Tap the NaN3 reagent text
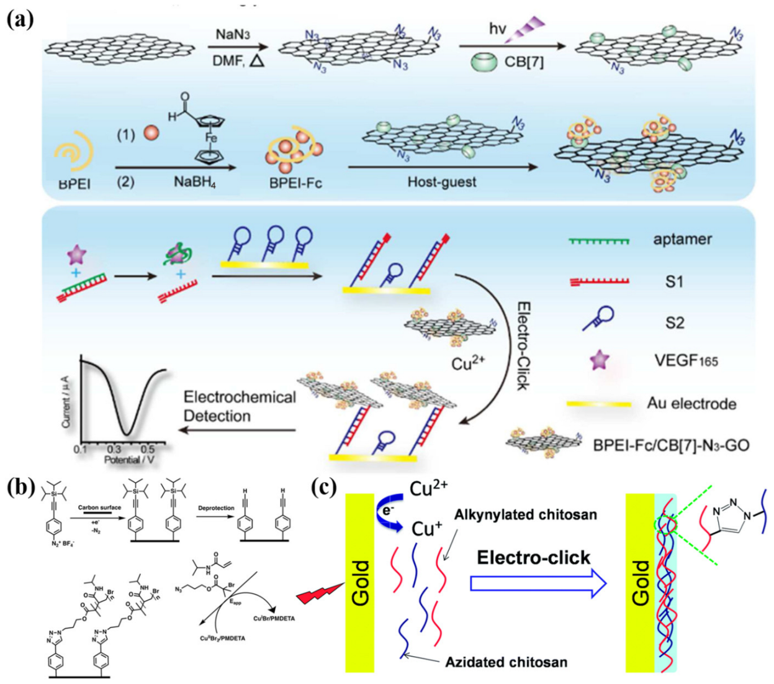click(232, 34)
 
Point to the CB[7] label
click(524, 62)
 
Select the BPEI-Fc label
click(295, 183)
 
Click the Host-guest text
click(441, 182)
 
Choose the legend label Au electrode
click(691, 404)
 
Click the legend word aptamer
click(682, 239)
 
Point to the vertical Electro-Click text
click(523, 345)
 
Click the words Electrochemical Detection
click(240, 406)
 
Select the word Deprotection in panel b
click(216, 508)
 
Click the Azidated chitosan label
click(506, 662)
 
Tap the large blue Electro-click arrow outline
click(538, 584)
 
